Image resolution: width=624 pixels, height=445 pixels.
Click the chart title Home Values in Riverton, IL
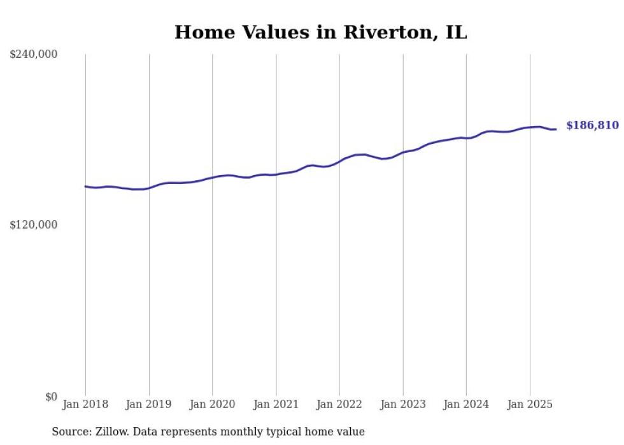click(x=320, y=32)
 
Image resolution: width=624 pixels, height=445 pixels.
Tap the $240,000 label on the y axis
click(x=33, y=55)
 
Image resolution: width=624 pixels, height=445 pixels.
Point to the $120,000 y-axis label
click(x=33, y=225)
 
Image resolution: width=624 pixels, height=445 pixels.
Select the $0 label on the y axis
click(x=51, y=397)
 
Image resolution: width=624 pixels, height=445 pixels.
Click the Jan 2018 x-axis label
click(x=85, y=404)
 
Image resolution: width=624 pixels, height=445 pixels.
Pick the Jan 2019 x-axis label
click(x=149, y=404)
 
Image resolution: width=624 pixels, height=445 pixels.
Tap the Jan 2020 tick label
click(x=213, y=404)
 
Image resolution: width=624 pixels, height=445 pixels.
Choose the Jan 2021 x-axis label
click(x=276, y=404)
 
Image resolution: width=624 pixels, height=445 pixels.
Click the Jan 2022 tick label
click(x=339, y=404)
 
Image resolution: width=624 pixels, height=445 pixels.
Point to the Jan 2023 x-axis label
click(x=402, y=404)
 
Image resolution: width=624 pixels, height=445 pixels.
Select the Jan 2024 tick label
click(x=466, y=404)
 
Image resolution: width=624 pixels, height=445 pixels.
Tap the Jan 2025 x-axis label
click(x=530, y=404)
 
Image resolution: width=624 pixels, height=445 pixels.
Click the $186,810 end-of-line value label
click(x=592, y=125)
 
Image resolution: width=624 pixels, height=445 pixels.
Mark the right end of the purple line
click(x=556, y=129)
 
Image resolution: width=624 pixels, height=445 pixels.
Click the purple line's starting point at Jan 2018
click(x=85, y=187)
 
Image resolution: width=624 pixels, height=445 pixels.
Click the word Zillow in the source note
click(x=111, y=432)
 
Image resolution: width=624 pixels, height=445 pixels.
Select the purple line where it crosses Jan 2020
click(x=213, y=178)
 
